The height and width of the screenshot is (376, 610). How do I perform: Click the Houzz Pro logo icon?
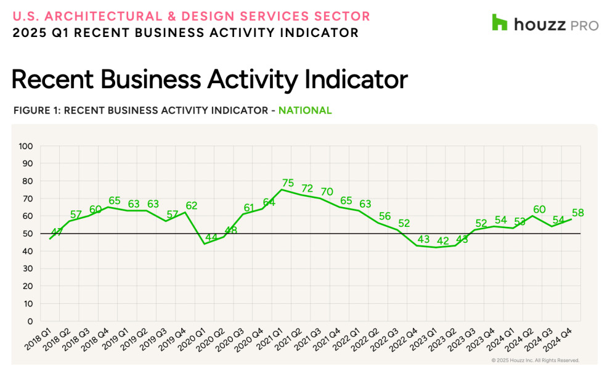pyautogui.click(x=499, y=23)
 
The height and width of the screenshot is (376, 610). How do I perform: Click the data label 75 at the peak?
pyautogui.click(x=287, y=182)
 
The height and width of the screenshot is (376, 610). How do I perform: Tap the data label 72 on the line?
pyautogui.click(x=307, y=188)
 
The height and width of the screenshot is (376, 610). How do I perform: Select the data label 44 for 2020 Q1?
pyautogui.click(x=211, y=237)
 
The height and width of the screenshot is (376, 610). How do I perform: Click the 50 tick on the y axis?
pyautogui.click(x=28, y=234)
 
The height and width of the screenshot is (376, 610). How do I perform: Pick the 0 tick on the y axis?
pyautogui.click(x=30, y=321)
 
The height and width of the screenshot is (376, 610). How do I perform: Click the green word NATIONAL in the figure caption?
pyautogui.click(x=305, y=111)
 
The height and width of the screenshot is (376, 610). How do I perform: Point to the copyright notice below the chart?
pyautogui.click(x=535, y=361)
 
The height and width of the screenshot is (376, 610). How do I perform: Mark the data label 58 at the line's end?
pyautogui.click(x=577, y=213)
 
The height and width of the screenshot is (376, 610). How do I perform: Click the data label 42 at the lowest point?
pyautogui.click(x=442, y=240)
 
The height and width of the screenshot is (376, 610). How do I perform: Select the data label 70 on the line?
pyautogui.click(x=327, y=192)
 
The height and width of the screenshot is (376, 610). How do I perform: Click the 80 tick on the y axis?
pyautogui.click(x=28, y=181)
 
